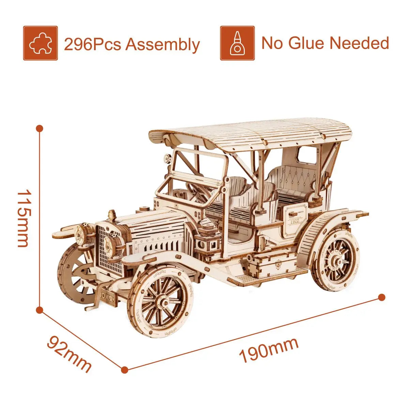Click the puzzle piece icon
click(40, 43)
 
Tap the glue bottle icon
click(237, 43)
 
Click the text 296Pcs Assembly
click(132, 44)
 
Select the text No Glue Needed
click(325, 43)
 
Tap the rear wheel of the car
click(335, 261)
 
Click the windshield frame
click(194, 170)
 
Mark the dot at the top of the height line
click(40, 128)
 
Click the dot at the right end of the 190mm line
click(382, 297)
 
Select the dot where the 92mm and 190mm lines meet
click(125, 369)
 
